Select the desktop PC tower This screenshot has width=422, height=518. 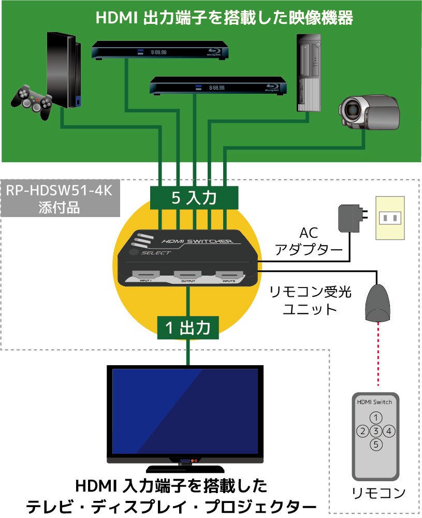(309, 73)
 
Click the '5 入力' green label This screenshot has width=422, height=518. (194, 197)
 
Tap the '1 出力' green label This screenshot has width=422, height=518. (188, 327)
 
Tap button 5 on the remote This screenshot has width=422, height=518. (376, 444)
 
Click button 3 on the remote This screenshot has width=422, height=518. (376, 430)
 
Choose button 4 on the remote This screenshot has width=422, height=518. (390, 430)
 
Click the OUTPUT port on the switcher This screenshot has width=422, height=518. (187, 275)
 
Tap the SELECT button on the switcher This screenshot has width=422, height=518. (134, 252)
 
